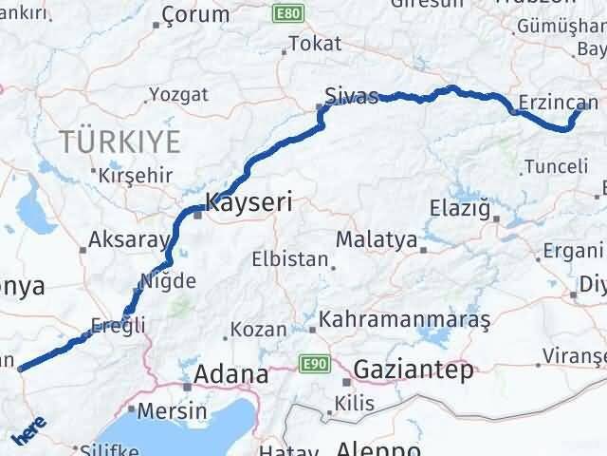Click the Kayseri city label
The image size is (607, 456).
(248, 202)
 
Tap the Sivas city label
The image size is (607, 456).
(351, 96)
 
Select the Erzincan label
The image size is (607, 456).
(559, 103)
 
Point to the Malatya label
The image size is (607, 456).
(377, 240)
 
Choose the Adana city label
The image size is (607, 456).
(230, 375)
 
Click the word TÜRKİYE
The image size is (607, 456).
(120, 142)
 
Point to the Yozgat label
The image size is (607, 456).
(179, 95)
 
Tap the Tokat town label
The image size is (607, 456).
(315, 44)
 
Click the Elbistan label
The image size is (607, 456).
(290, 258)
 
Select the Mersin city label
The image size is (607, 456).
(172, 411)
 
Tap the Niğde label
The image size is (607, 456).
(168, 281)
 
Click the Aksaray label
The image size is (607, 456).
(128, 240)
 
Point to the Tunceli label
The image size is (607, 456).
(556, 165)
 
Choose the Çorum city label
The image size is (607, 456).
(196, 14)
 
